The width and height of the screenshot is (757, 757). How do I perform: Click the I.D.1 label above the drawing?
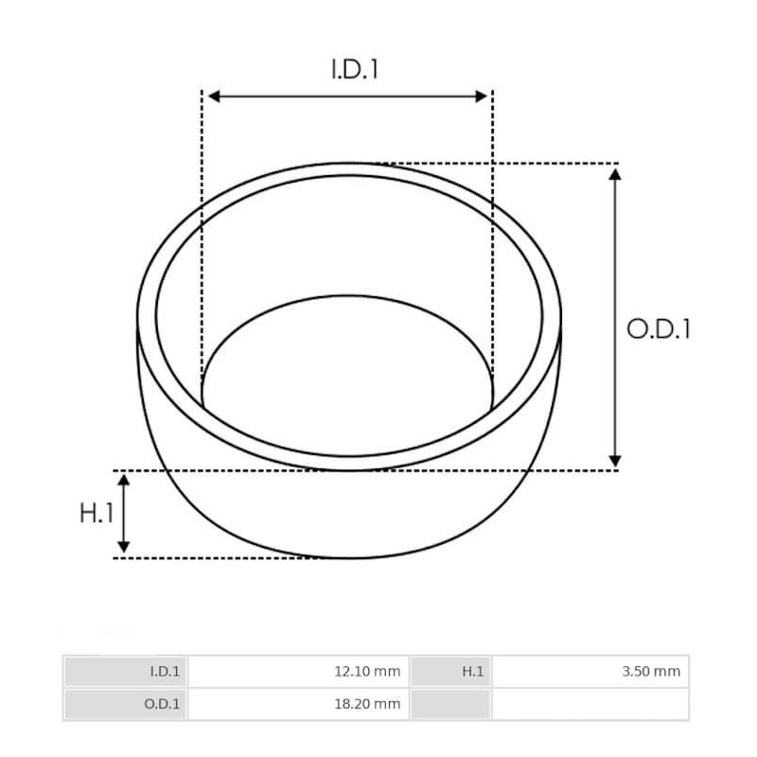point(355,69)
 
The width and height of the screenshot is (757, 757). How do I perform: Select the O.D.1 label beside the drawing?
point(659,329)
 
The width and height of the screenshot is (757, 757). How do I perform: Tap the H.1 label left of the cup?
point(97,513)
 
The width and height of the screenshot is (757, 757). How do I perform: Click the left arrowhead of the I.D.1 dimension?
point(213,96)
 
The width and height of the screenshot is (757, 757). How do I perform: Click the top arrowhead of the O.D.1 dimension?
point(615,174)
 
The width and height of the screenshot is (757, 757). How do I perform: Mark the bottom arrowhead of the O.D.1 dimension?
point(615,461)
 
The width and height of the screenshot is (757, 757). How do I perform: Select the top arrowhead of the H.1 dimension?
point(123,479)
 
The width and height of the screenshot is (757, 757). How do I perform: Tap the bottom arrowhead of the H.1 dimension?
point(123,547)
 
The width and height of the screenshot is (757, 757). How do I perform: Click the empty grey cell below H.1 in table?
point(450,704)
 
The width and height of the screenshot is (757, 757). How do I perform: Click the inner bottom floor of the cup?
point(348,378)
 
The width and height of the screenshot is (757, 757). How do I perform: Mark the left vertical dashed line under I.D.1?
point(202,237)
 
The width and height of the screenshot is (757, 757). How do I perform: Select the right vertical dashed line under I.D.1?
point(493,237)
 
